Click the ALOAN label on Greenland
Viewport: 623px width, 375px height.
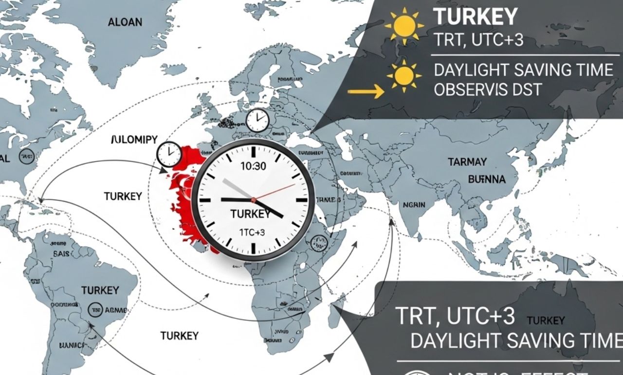(125, 22)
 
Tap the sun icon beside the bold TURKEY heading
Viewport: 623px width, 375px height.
(403, 26)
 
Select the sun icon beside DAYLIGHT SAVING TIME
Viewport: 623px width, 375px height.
(403, 76)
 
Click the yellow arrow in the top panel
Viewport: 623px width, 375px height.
(366, 91)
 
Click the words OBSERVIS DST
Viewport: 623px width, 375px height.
(488, 90)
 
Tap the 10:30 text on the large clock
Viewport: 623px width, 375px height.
(253, 166)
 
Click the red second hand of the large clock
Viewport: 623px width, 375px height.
(275, 192)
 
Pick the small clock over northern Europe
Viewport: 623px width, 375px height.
(257, 120)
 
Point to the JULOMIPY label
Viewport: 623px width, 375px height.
(134, 140)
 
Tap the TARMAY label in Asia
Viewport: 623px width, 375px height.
(467, 162)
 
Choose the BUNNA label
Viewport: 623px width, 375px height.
(487, 179)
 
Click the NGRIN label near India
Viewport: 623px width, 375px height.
(414, 205)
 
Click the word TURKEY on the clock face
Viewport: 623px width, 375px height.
(250, 214)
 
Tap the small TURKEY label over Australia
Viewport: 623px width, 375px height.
(545, 320)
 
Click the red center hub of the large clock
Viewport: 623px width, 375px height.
(253, 200)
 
